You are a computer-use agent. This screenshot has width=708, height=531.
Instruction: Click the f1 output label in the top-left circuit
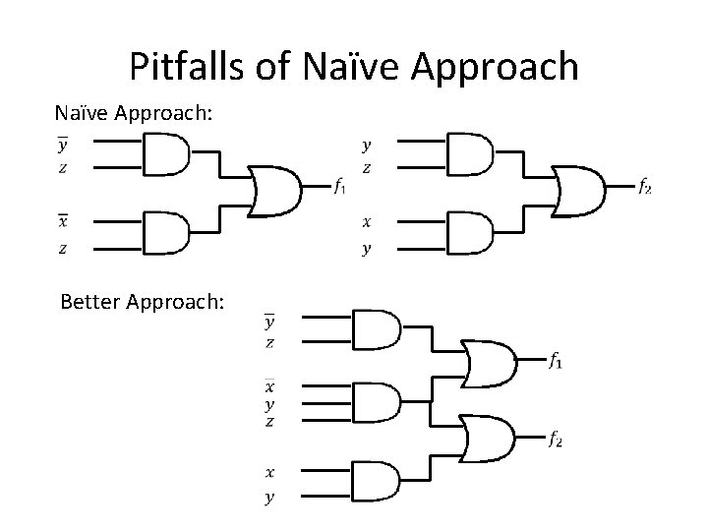point(339,185)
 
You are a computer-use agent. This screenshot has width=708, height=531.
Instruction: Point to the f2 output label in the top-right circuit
point(644,185)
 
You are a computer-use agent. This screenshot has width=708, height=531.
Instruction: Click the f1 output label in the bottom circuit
point(556,361)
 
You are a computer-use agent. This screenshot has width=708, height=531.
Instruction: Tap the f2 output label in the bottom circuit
point(556,438)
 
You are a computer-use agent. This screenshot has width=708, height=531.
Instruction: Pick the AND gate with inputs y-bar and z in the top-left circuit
point(165,153)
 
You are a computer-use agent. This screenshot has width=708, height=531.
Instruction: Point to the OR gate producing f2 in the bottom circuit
point(489,440)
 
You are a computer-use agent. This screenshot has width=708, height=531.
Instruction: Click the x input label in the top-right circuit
point(367,222)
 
